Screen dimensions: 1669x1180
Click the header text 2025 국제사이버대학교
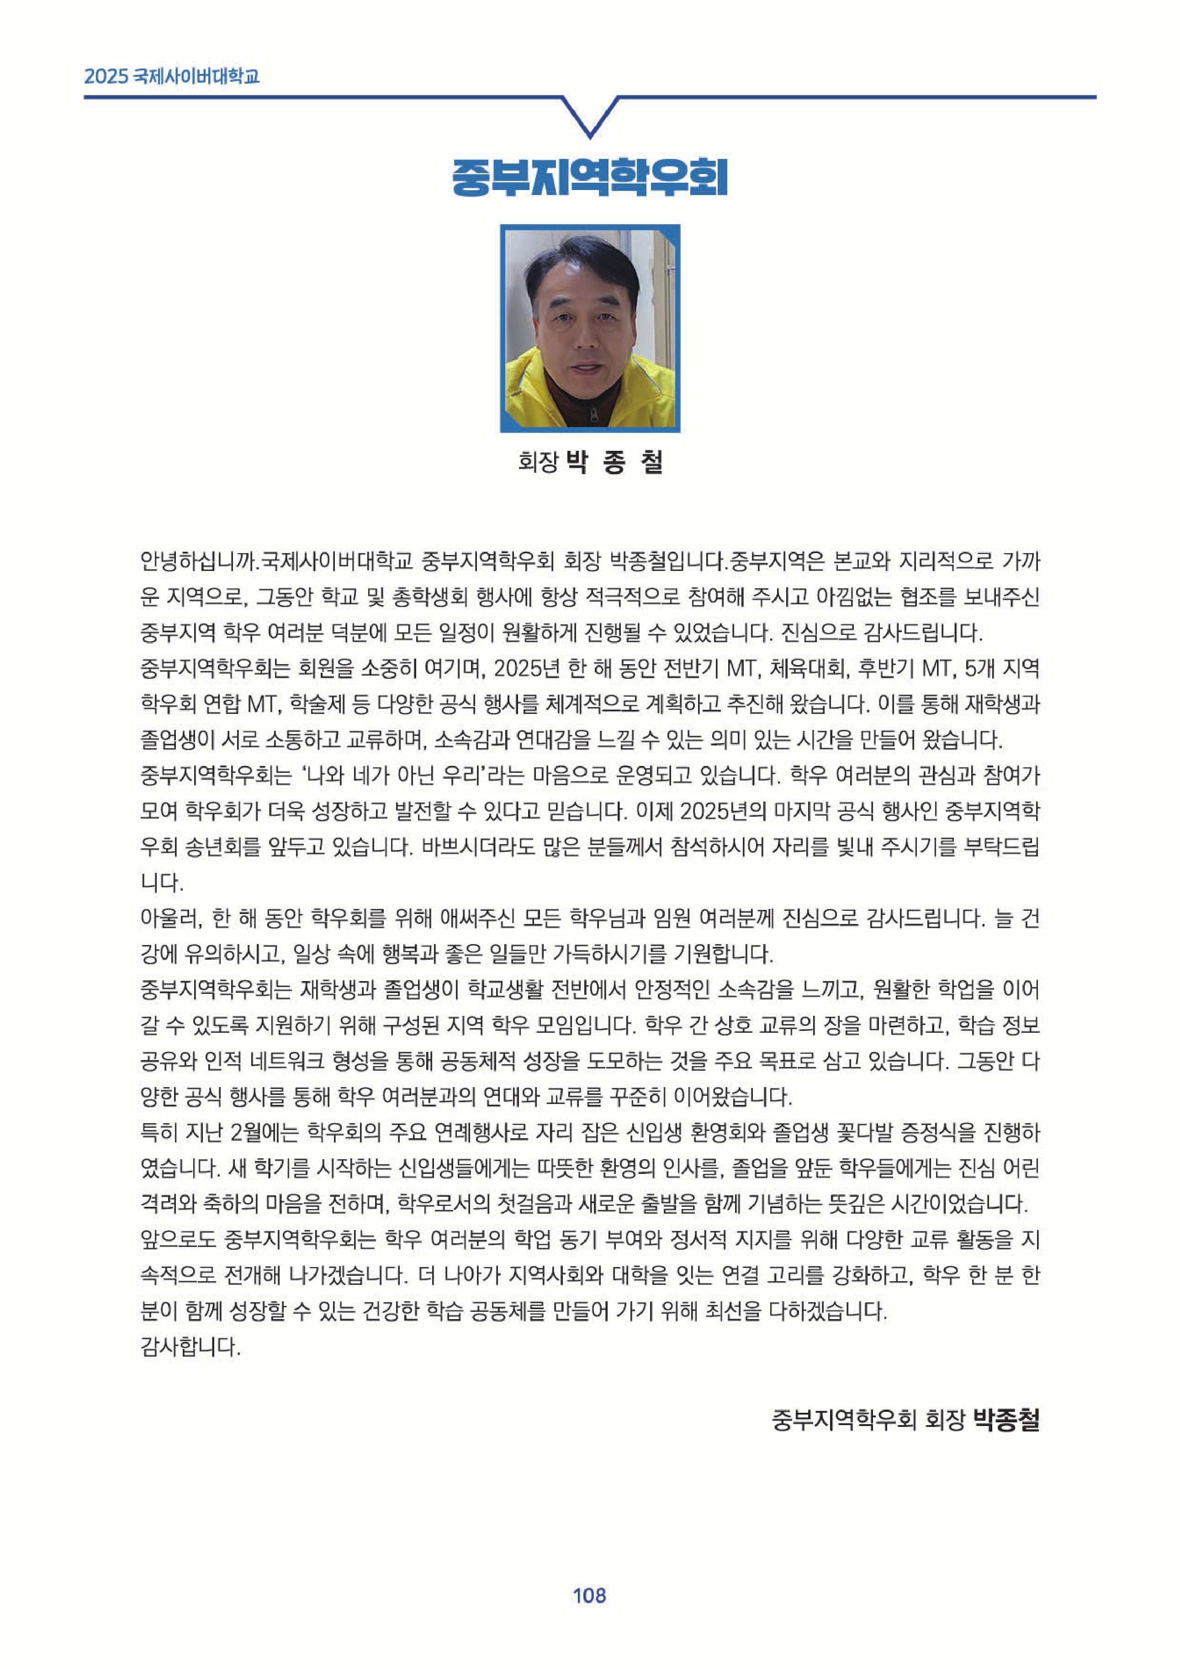coord(172,76)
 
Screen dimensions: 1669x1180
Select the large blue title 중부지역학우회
coord(590,177)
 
